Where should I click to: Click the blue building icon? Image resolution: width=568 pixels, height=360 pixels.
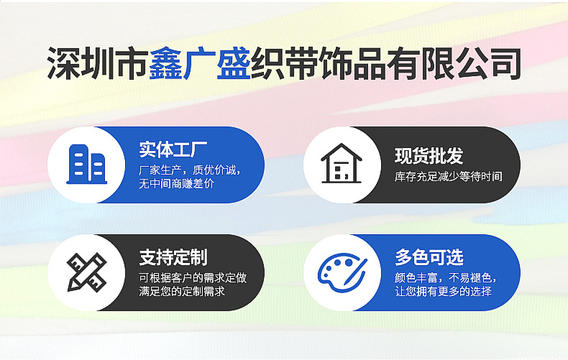pos(86,164)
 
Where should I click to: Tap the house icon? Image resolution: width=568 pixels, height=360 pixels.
pos(341,164)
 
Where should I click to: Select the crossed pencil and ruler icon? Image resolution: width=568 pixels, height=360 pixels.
pos(86,272)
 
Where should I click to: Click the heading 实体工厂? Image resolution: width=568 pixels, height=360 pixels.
pos(173,151)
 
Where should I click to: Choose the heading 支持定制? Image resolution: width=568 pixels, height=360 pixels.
pos(173,258)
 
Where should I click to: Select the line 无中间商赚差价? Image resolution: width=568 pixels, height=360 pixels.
pos(176,184)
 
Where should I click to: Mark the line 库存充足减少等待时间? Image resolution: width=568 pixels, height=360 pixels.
pos(448,177)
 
